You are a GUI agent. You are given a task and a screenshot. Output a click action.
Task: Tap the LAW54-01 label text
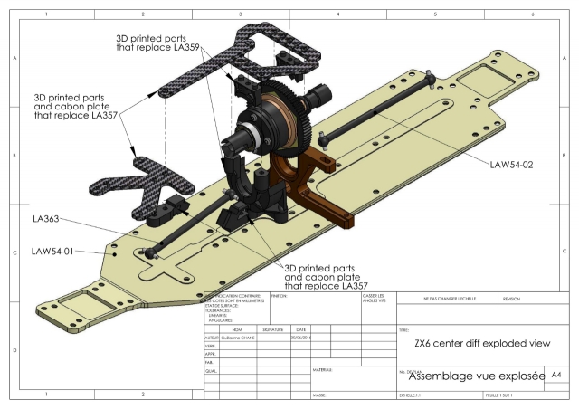tap(58, 251)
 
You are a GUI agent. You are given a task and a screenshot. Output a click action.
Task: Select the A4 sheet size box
tap(556, 374)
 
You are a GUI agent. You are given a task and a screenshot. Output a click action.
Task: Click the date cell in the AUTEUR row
tap(301, 337)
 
